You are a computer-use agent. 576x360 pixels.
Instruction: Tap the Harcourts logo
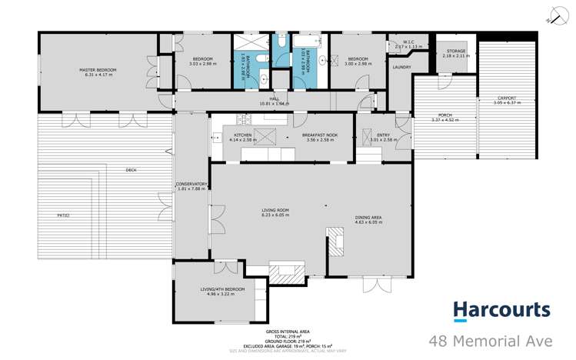(501, 310)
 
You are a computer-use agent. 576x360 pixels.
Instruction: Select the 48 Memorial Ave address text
(499, 340)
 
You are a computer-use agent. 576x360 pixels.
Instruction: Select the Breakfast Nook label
(321, 138)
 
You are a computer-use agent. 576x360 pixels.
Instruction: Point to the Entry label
(382, 138)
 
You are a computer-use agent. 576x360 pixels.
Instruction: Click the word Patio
(62, 215)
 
